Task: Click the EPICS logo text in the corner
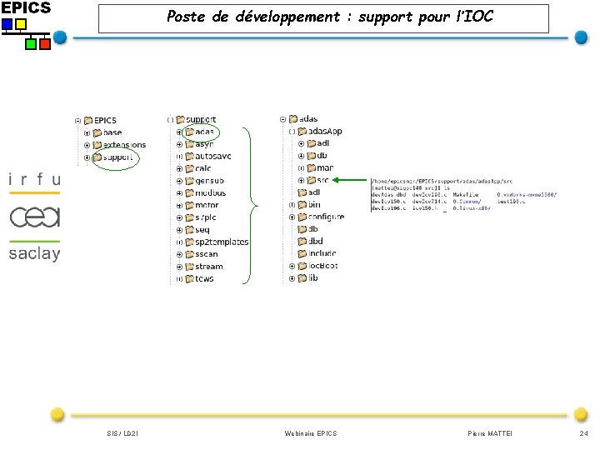26,7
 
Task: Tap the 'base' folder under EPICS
112,132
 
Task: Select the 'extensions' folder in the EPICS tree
124,145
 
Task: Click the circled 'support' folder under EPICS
117,157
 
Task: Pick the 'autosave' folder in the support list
212,156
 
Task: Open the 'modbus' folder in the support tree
209,192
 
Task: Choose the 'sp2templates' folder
221,242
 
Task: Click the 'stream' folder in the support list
208,267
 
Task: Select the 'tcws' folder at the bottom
204,278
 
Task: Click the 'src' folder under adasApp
322,180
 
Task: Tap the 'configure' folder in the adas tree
325,217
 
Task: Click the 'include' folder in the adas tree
322,253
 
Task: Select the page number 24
583,433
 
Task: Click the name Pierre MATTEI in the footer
492,433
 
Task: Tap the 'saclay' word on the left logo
34,253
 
